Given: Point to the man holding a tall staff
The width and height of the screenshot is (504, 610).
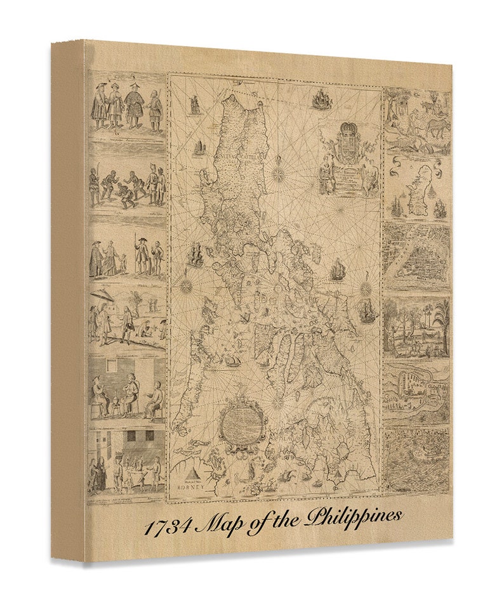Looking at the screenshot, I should (x=138, y=254).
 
